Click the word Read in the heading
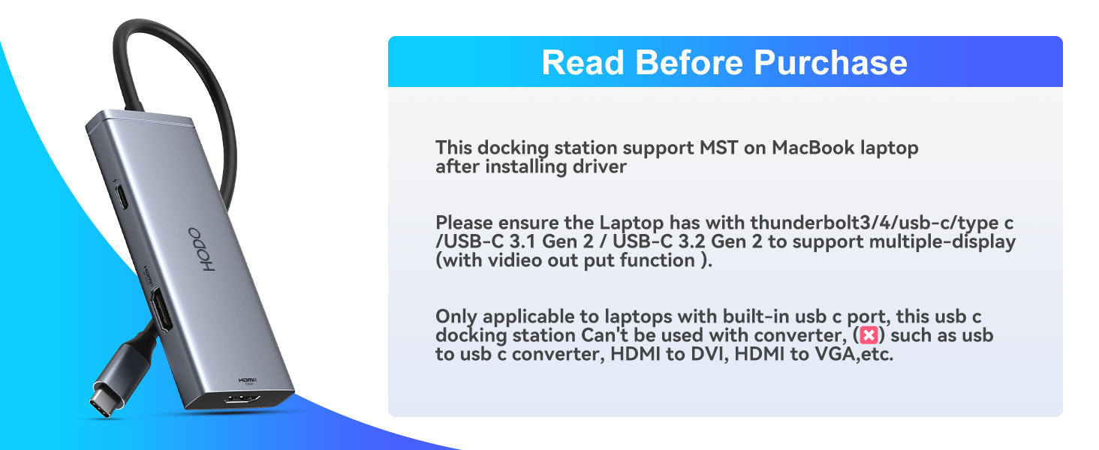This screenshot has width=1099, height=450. point(583,63)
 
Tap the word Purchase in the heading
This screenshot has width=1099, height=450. point(830,63)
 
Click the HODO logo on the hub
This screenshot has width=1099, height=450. point(202,250)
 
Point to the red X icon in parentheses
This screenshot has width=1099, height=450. point(869,336)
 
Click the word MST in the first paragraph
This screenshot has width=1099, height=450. point(718,148)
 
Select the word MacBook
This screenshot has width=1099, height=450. point(813,148)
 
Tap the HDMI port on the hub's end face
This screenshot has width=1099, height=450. point(243,400)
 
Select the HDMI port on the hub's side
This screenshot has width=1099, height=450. point(161,309)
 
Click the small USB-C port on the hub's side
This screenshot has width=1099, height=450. point(121,196)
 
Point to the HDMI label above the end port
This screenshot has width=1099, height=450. point(248,380)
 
